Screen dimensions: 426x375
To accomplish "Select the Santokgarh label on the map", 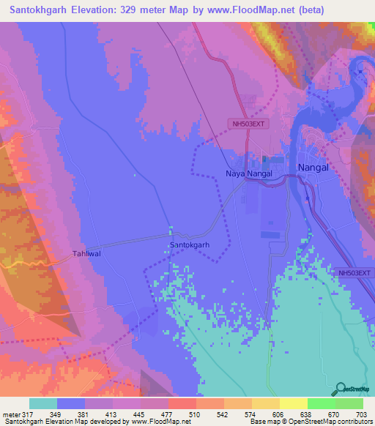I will coord(190,244).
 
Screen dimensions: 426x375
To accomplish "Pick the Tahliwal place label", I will coord(86,254).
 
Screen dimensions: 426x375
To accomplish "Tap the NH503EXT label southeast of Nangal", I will coord(355,273).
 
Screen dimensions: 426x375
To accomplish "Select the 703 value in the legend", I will coord(362,414).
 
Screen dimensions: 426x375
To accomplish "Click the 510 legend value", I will coord(196,414).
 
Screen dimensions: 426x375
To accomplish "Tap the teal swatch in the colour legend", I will coord(43,403).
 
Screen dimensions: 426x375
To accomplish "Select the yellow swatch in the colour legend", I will coord(293,403).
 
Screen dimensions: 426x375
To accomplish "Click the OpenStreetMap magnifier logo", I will coord(341,390).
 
